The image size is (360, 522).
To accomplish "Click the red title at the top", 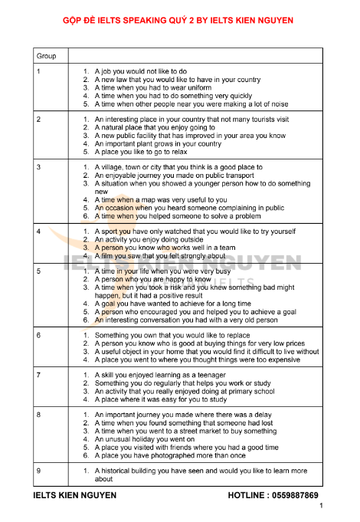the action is [180, 18].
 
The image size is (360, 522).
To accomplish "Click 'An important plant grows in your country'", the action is [158, 143].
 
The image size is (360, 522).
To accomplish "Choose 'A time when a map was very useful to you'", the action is [162, 199].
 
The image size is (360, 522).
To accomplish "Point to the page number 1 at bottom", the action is [322, 507].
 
